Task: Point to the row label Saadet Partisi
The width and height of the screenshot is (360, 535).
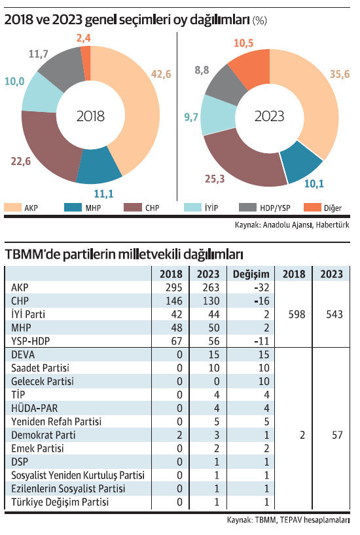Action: click(40, 368)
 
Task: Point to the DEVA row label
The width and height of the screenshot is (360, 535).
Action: click(24, 355)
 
